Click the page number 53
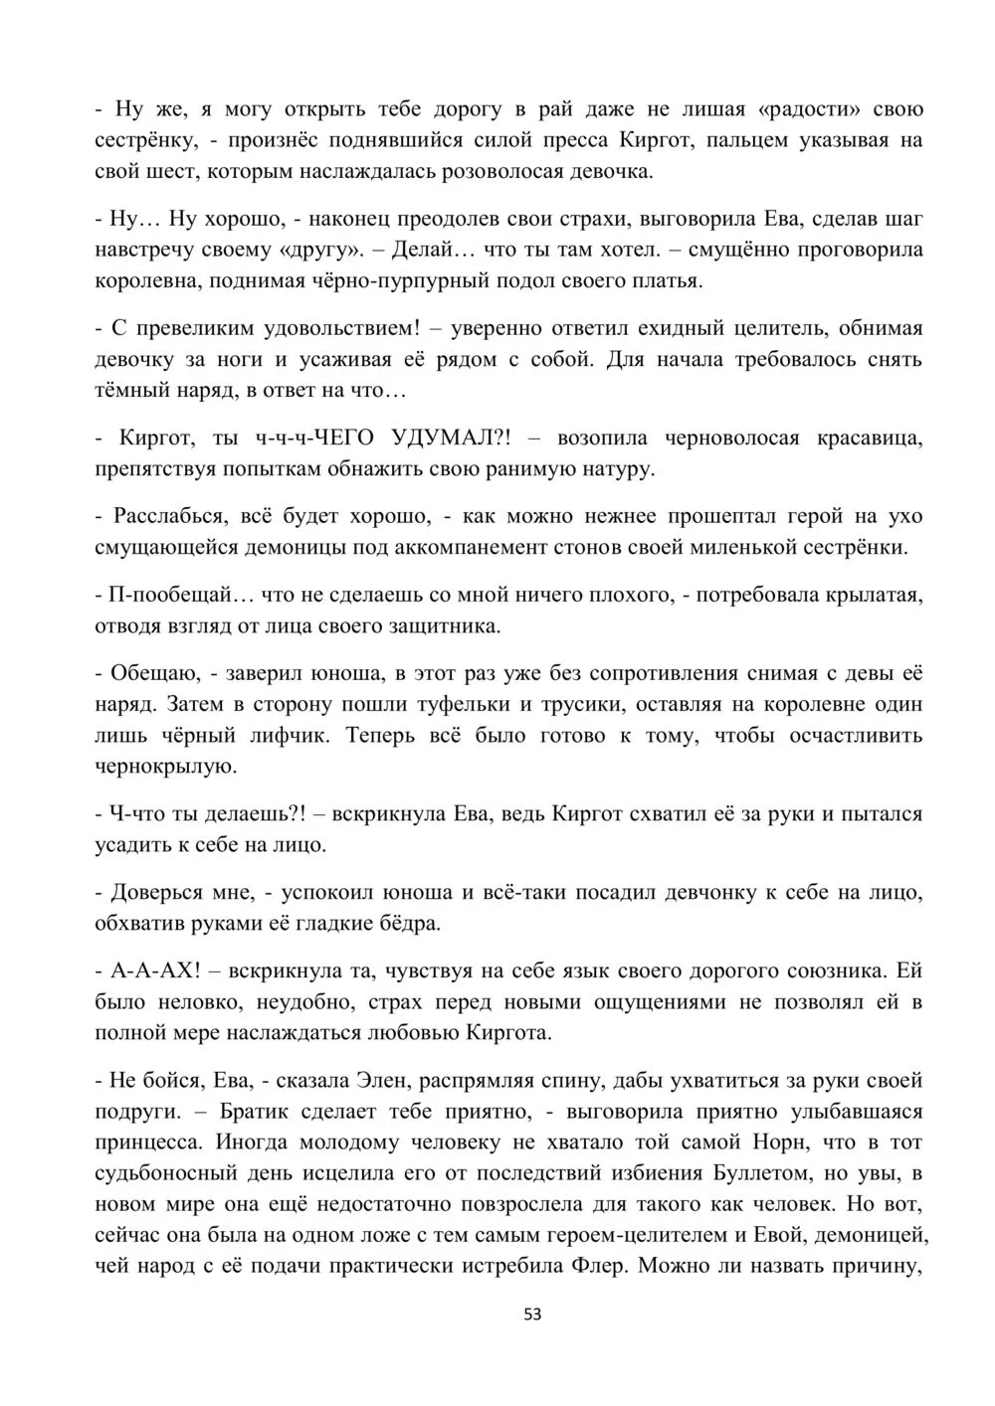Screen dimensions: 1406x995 click(531, 1315)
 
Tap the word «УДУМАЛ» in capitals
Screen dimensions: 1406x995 click(451, 439)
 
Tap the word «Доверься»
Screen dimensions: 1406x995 click(159, 892)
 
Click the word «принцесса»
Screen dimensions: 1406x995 click(144, 1142)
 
